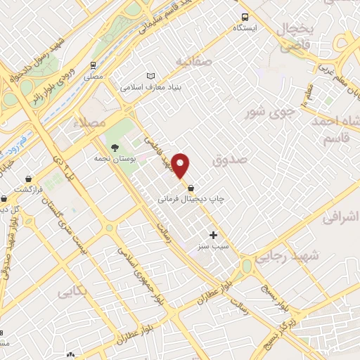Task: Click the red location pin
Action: (x=181, y=166)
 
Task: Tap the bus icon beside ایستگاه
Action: (x=245, y=18)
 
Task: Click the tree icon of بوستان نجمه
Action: (x=115, y=148)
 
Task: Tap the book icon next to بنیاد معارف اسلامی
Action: (x=150, y=76)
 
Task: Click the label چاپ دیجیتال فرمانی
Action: (x=191, y=199)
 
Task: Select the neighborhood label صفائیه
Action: (x=193, y=61)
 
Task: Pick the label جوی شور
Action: (x=265, y=112)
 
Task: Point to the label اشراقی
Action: (x=342, y=219)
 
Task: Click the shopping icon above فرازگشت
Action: (x=28, y=179)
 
